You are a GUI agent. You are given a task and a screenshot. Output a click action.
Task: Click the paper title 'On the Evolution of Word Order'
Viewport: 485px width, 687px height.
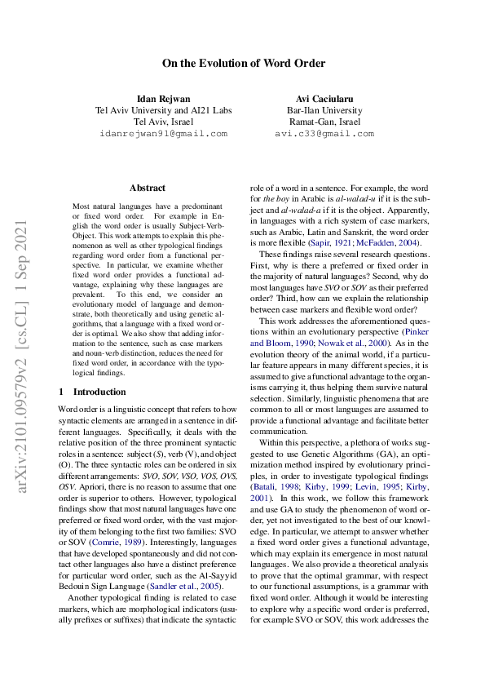pos(243,64)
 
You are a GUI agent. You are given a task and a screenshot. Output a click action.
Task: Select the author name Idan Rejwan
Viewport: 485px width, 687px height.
pos(163,100)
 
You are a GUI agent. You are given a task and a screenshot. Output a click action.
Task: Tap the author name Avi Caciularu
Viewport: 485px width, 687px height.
pos(324,100)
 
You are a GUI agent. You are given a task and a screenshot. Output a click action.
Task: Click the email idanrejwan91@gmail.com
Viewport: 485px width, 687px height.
pos(163,134)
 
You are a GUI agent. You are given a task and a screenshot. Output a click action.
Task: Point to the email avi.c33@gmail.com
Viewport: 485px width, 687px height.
pos(324,134)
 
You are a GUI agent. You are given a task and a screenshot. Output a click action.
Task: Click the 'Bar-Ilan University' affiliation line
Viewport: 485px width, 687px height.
pos(324,111)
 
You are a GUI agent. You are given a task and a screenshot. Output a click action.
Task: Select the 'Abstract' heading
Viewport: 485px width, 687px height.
pos(148,188)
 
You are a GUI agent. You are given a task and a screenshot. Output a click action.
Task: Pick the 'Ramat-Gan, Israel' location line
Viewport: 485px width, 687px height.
pos(324,122)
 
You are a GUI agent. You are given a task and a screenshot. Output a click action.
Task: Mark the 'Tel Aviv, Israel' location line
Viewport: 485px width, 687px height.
pos(163,122)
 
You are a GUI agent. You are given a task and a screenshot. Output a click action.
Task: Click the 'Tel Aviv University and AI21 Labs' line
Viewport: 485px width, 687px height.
pos(163,111)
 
